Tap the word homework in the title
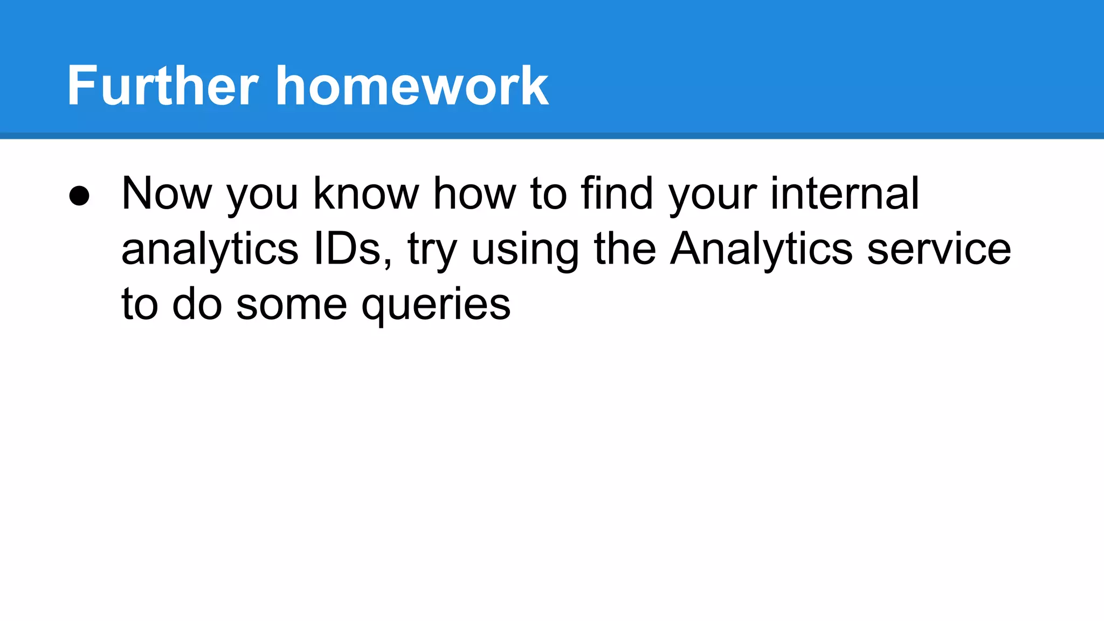(x=412, y=86)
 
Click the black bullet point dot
(x=79, y=196)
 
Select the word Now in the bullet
(x=167, y=194)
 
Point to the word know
(x=366, y=194)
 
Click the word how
(x=475, y=194)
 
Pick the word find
(x=617, y=194)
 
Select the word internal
(x=844, y=194)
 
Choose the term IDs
(x=352, y=249)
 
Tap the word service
(x=939, y=249)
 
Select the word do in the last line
(x=197, y=304)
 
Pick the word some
(x=292, y=305)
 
